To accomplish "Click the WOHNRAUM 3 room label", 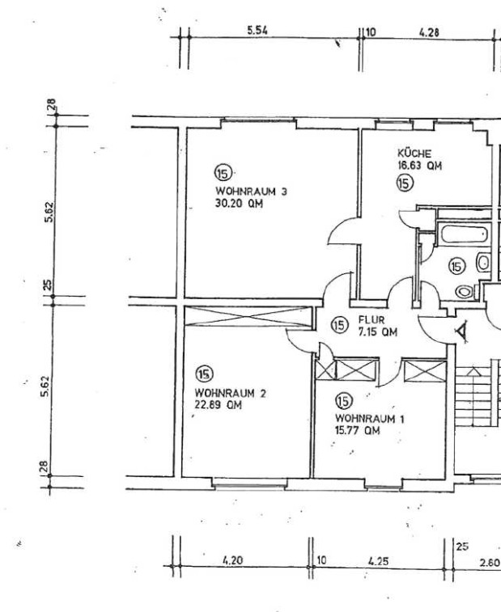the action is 251,192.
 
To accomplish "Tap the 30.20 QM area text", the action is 239,204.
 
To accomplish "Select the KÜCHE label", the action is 414,153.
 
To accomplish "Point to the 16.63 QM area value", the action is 420,166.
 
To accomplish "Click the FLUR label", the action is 372,320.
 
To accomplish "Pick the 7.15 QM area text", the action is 377,332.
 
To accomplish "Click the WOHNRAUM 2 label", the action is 230,393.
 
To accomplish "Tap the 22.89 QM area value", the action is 218,405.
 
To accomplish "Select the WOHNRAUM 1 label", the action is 370,419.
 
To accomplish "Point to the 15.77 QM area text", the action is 358,431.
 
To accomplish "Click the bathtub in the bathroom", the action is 464,234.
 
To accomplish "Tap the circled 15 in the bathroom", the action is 456,267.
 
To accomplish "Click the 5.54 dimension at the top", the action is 257,31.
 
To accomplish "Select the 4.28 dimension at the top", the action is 429,32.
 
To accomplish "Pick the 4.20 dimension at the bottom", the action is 233,560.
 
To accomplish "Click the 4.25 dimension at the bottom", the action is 378,561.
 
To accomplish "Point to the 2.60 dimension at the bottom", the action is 490,563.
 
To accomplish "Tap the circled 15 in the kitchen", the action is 405,183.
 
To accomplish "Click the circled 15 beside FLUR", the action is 339,325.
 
